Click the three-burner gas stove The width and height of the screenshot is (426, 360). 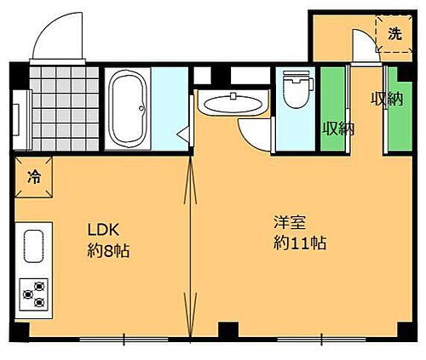click(34, 294)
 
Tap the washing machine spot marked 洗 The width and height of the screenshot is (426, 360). click(393, 34)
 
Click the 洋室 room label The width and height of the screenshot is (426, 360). click(289, 223)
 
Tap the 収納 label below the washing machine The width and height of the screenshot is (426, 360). click(385, 98)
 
